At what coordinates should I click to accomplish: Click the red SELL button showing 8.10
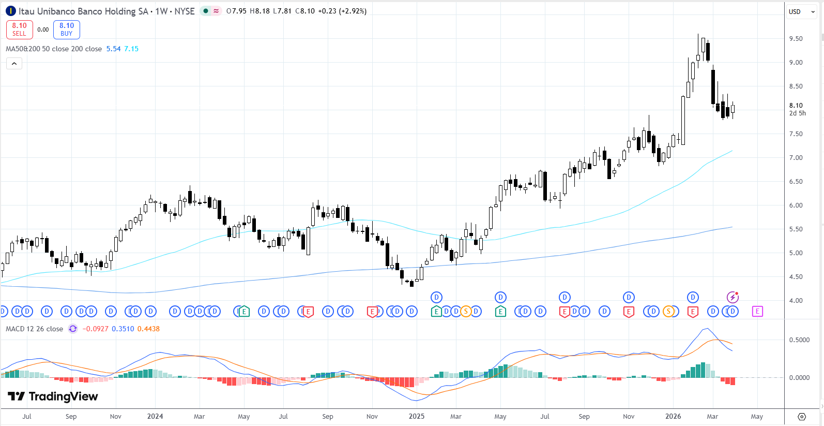[x=20, y=30]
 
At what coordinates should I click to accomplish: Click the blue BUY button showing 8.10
[x=67, y=30]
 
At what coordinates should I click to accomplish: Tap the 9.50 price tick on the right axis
[x=796, y=39]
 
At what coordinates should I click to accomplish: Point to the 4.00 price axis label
[x=796, y=301]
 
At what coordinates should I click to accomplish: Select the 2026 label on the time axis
[x=673, y=416]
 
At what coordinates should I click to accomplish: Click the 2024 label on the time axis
[x=155, y=416]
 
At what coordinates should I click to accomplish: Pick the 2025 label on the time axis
[x=417, y=416]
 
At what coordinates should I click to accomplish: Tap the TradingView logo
[x=53, y=396]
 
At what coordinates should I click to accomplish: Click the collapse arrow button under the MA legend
[x=14, y=64]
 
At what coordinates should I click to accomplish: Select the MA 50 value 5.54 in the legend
[x=113, y=49]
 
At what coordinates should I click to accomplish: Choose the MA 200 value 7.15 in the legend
[x=131, y=49]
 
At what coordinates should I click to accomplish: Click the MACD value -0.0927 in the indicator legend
[x=96, y=329]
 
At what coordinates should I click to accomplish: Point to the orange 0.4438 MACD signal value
[x=148, y=329]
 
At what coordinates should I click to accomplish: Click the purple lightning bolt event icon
[x=733, y=297]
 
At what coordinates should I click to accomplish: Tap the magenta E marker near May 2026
[x=757, y=311]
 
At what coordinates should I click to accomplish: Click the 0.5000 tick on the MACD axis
[x=799, y=340]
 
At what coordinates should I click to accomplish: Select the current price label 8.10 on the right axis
[x=796, y=106]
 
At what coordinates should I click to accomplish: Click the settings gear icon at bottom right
[x=802, y=417]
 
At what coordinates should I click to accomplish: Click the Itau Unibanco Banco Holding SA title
[x=83, y=11]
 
